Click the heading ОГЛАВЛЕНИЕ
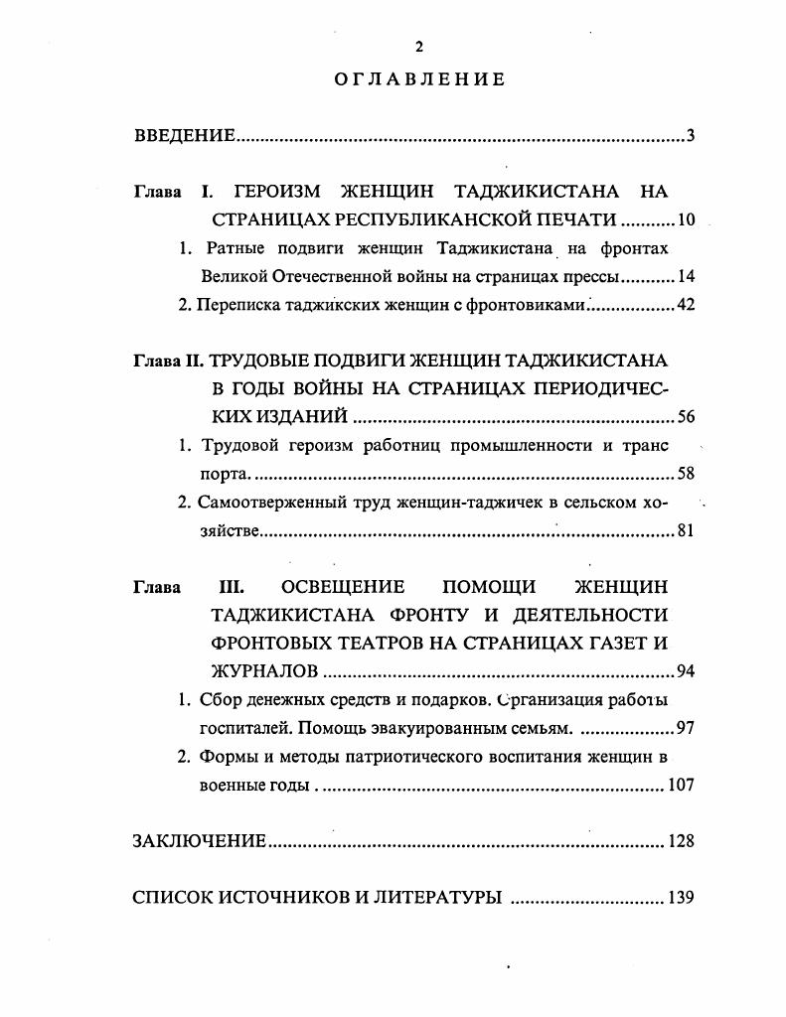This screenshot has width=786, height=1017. (x=419, y=80)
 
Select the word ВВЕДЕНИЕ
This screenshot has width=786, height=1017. (x=184, y=136)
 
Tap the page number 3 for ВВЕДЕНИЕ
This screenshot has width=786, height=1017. (x=689, y=136)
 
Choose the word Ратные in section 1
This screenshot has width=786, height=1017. (x=236, y=248)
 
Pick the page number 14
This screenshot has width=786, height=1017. (x=686, y=276)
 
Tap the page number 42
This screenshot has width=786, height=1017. (x=686, y=305)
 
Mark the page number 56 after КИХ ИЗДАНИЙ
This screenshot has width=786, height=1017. (x=686, y=417)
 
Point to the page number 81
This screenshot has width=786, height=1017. (x=686, y=531)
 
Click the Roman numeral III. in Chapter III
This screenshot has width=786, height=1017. (x=231, y=587)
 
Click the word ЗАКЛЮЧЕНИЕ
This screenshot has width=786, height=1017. (x=199, y=842)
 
